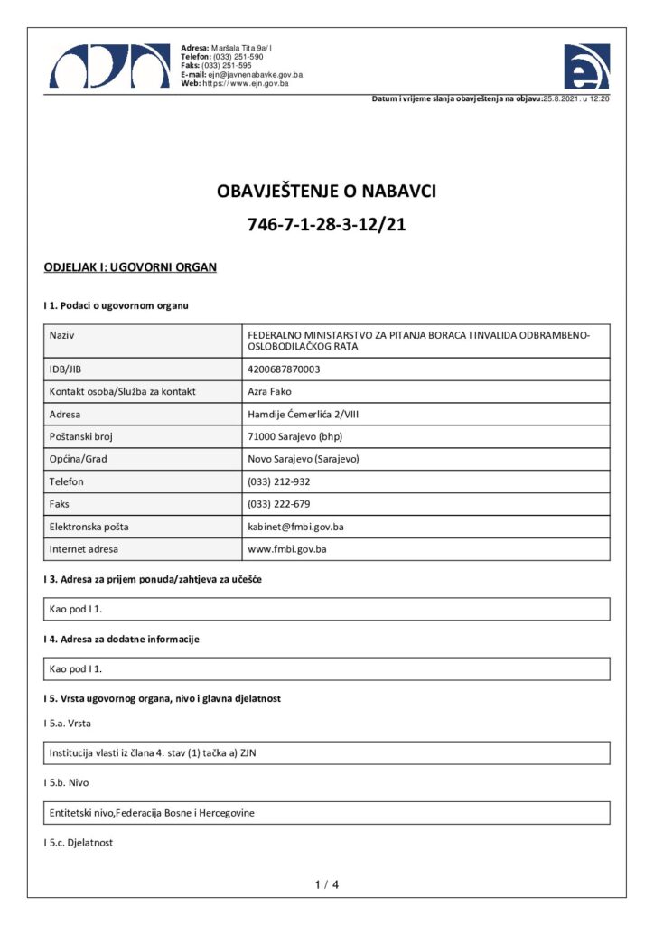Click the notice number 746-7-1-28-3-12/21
[326, 225]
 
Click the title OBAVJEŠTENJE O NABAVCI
[326, 192]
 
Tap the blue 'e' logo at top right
[586, 66]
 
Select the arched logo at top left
[109, 65]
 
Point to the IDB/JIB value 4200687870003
[284, 369]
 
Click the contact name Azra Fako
[267, 391]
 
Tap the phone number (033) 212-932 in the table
[278, 481]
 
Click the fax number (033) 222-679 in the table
[278, 504]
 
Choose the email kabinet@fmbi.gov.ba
[295, 526]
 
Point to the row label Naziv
[61, 335]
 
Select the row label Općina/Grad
[78, 459]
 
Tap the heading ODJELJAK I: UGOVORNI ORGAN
[130, 267]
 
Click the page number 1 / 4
[326, 884]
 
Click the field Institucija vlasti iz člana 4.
[157, 752]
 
